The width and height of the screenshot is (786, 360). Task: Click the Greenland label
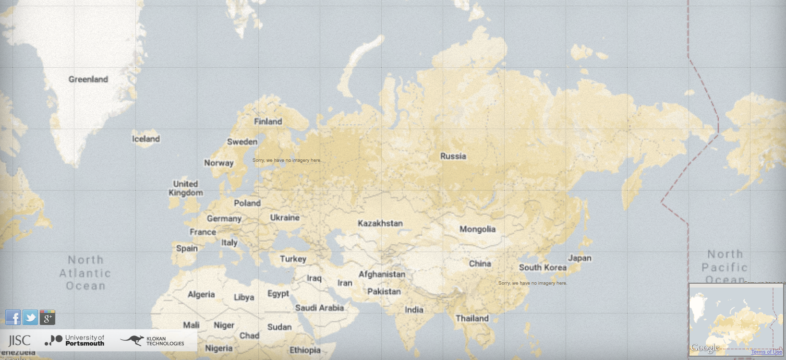(88, 79)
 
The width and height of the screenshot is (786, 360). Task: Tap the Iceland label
(146, 139)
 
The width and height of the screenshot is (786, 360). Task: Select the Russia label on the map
(453, 156)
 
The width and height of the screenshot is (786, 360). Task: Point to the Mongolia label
(477, 229)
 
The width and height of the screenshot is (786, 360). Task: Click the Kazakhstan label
(380, 223)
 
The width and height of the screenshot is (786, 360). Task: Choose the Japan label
(580, 258)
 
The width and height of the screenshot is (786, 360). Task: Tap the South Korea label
(543, 267)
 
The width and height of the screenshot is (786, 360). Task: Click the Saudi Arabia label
(319, 308)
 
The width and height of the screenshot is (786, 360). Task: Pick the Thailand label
(472, 318)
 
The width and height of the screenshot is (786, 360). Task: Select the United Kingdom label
(186, 188)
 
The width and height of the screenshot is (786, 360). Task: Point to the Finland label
(268, 121)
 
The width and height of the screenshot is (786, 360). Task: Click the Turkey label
(293, 259)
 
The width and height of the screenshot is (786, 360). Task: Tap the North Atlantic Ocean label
(85, 273)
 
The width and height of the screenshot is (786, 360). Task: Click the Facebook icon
(13, 317)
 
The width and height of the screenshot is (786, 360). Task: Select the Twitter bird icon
(30, 317)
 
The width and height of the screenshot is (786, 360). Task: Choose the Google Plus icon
(48, 317)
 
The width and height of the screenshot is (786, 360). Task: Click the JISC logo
(19, 341)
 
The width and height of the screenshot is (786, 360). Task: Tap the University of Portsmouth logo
(74, 340)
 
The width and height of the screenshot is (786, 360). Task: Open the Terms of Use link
(766, 352)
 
